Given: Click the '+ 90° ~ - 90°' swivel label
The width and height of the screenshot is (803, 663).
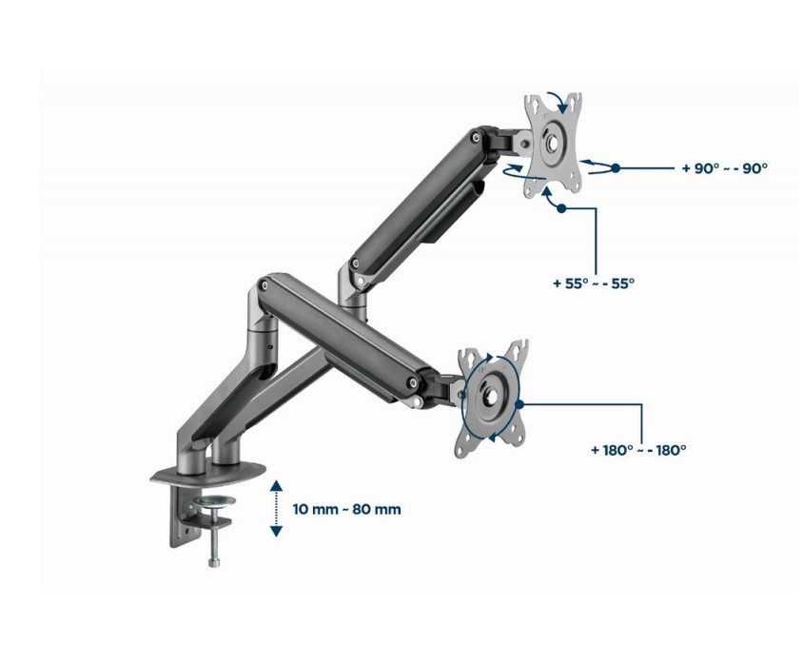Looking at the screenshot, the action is click(x=725, y=168).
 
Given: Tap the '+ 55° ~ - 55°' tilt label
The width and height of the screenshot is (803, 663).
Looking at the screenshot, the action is click(x=594, y=283).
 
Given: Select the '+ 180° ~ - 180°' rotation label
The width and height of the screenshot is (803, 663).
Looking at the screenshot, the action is click(x=638, y=450).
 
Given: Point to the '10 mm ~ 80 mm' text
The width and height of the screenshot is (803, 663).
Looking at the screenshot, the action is click(x=346, y=510).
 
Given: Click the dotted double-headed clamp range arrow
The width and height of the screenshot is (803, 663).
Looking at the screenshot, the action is click(x=276, y=508).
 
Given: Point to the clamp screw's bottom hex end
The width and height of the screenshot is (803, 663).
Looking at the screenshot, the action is click(x=213, y=562).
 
